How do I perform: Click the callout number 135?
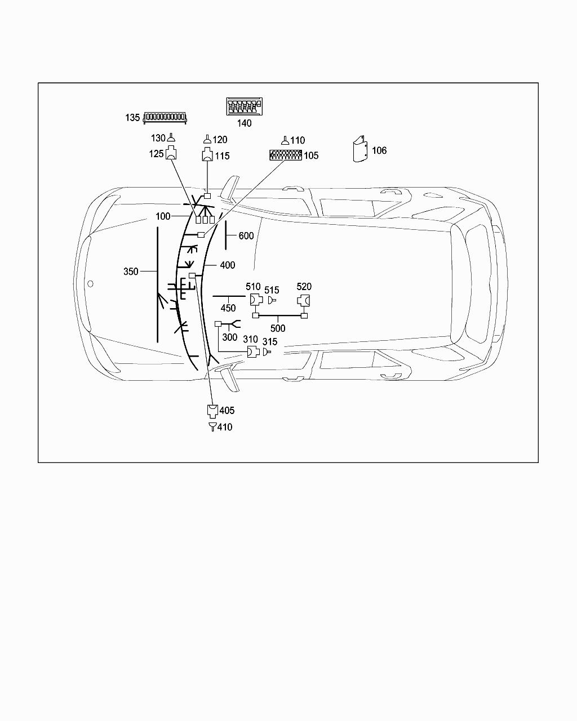coord(132,118)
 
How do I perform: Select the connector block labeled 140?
coord(244,106)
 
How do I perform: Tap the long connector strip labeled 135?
coord(165,118)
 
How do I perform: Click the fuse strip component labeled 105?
coord(286,155)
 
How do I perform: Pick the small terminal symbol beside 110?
coord(285,140)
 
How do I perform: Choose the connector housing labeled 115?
coord(207,154)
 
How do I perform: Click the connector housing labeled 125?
coord(171,153)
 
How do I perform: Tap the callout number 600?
coord(246,236)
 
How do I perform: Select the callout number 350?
coord(131,272)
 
